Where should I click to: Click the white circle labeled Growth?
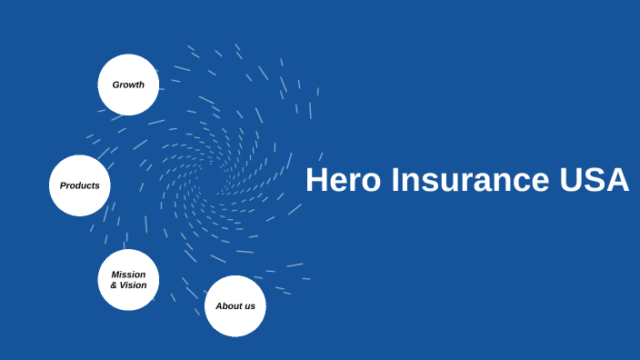128,85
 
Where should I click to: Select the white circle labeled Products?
80,185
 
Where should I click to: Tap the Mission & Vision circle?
128,280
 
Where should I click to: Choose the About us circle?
235,305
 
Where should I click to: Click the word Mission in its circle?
128,275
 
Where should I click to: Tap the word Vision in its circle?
133,285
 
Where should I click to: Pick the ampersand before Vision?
114,285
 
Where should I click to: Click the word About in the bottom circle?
228,305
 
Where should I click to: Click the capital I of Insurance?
395,180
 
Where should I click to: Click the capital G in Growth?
115,85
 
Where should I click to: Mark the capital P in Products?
63,185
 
